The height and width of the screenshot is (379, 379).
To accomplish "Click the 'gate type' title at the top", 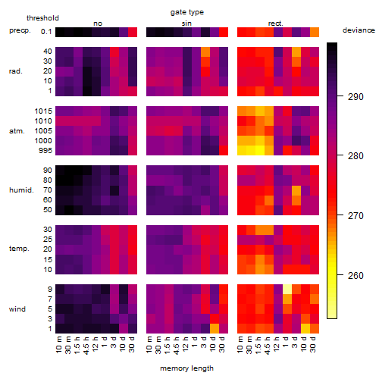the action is click(x=187, y=12).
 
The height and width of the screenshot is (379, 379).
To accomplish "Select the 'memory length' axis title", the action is click(x=187, y=368).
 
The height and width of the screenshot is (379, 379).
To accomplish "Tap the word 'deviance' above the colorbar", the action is click(x=359, y=30).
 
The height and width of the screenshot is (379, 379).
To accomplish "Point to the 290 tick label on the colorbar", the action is click(x=356, y=97).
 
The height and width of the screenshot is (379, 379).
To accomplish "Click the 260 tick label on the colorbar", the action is click(x=356, y=275).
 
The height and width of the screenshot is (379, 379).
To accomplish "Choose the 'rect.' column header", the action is click(x=276, y=23).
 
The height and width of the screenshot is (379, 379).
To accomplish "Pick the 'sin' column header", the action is click(x=186, y=23).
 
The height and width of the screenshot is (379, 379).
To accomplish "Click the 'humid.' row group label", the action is click(x=21, y=190).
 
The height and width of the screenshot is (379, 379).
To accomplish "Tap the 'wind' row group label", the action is click(x=17, y=309).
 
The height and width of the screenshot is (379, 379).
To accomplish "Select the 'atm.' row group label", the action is click(x=17, y=131).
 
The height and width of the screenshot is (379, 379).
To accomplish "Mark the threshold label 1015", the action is click(x=43, y=111).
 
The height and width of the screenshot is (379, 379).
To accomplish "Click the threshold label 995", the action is click(x=45, y=151).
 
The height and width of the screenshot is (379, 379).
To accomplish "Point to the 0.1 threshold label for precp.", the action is click(x=46, y=32).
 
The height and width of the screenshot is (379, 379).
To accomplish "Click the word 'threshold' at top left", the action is click(x=42, y=18).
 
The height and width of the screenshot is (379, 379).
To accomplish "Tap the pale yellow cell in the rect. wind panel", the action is click(x=287, y=289).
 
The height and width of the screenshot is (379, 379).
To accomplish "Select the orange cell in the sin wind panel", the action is click(x=215, y=328).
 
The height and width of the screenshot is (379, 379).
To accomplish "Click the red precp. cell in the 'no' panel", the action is click(x=133, y=32).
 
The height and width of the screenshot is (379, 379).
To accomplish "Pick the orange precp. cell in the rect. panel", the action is click(x=315, y=32).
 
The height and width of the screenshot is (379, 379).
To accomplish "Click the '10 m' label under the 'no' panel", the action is click(x=59, y=345).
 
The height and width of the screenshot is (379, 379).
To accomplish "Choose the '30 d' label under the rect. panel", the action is click(x=313, y=345).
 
